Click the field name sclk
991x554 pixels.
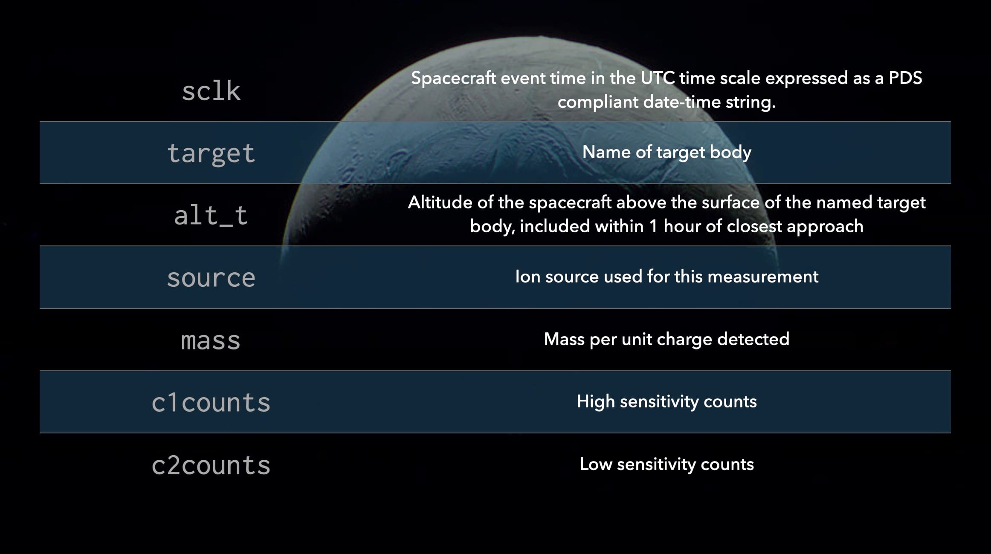pos(211,91)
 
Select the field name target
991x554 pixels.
pos(211,153)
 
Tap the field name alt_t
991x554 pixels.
pos(211,216)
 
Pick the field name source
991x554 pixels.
pos(211,278)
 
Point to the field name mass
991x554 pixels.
pos(211,341)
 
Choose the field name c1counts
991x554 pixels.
pos(211,402)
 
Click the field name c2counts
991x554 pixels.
pos(211,465)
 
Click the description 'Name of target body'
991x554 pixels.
pos(666,152)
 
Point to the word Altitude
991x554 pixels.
pos(440,202)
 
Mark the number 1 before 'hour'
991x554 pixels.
pos(653,226)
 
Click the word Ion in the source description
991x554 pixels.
pos(527,277)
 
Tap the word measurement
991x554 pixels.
pos(763,277)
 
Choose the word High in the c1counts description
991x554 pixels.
pos(596,402)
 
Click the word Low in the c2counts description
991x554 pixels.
pos(596,465)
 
